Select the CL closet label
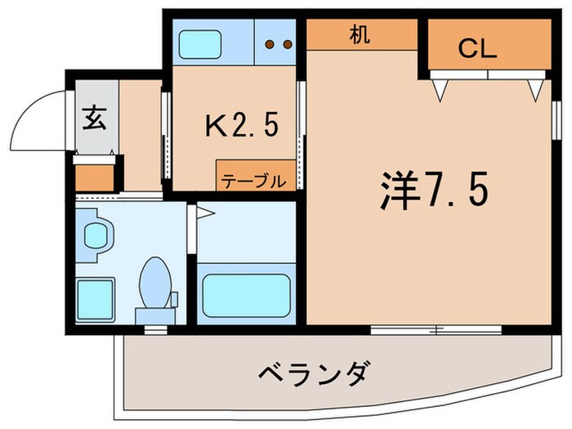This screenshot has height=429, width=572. coord(477,50)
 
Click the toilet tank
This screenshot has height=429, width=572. coord(154,315)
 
